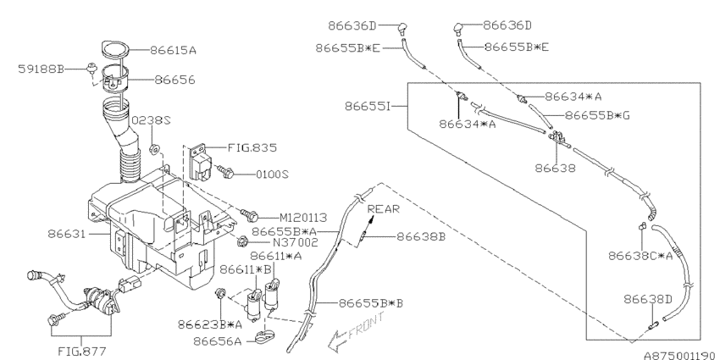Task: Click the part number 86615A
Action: click(x=173, y=50)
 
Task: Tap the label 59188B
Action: click(x=41, y=69)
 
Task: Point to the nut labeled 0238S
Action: click(x=155, y=149)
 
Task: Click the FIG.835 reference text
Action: click(x=252, y=148)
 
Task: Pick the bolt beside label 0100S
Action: click(x=224, y=172)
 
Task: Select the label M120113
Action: click(x=303, y=217)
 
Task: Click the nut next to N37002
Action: click(x=243, y=241)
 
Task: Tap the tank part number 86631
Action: click(x=67, y=234)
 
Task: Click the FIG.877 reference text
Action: click(x=82, y=352)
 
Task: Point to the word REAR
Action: click(x=384, y=209)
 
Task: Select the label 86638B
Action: click(x=421, y=236)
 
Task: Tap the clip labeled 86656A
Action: click(x=263, y=338)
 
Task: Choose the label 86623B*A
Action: click(x=210, y=324)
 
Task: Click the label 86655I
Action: click(x=368, y=107)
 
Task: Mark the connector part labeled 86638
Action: click(x=557, y=138)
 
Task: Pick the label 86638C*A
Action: click(x=640, y=256)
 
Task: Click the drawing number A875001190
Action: click(x=681, y=356)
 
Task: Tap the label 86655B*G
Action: click(x=597, y=115)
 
